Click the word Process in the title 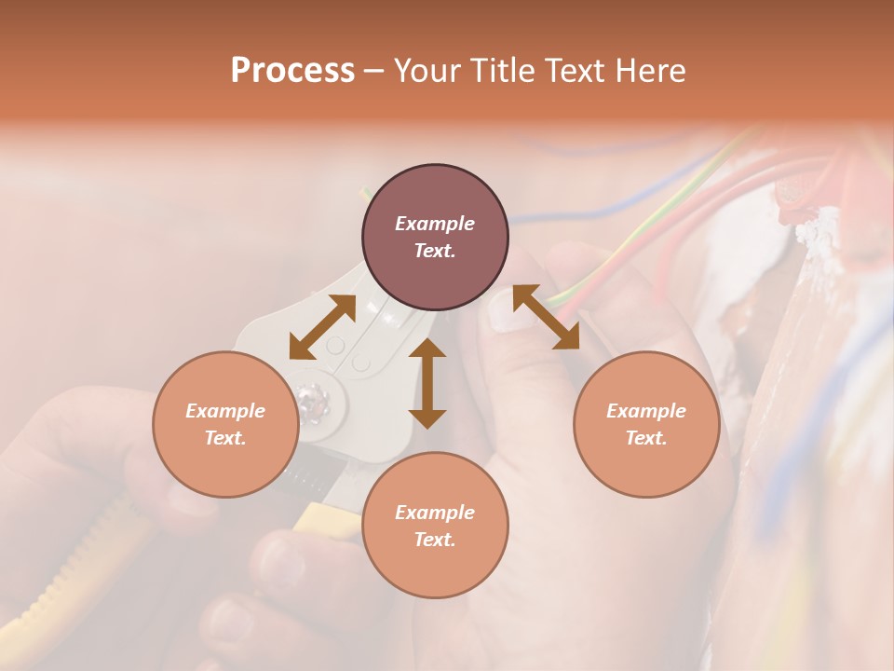coord(292,71)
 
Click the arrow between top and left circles coord(322,327)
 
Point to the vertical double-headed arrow coord(427,383)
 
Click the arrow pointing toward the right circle coord(547,317)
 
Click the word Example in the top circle coord(435,224)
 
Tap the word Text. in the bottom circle coord(435,540)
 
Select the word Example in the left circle coord(225,411)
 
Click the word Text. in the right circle coord(646,438)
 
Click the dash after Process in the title coord(374,71)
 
